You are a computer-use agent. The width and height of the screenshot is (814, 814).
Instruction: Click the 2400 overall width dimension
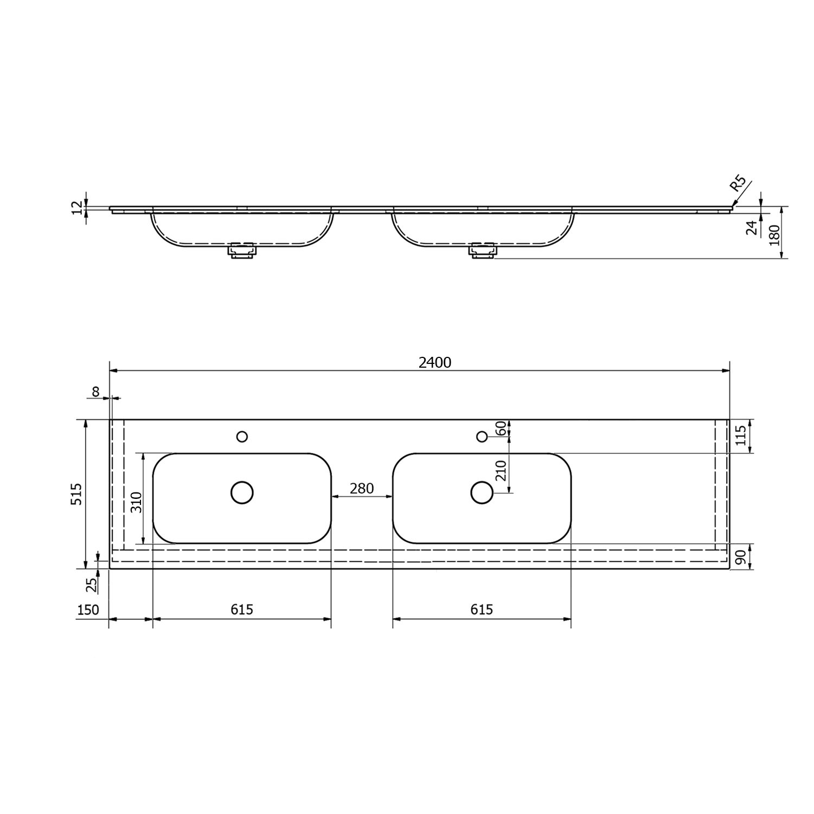435,362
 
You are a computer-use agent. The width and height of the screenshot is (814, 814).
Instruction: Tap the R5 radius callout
738,183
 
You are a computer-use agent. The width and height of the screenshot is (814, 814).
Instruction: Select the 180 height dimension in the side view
774,235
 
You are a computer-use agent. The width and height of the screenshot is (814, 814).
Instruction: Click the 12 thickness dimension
77,207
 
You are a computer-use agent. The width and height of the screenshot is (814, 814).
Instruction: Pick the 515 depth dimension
77,494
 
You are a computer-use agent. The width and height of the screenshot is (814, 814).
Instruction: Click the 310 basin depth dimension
136,502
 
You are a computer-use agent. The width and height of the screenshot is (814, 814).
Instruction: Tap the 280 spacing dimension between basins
362,489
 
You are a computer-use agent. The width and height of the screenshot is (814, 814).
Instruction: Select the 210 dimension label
501,470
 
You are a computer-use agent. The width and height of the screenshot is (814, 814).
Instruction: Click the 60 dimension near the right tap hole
501,428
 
